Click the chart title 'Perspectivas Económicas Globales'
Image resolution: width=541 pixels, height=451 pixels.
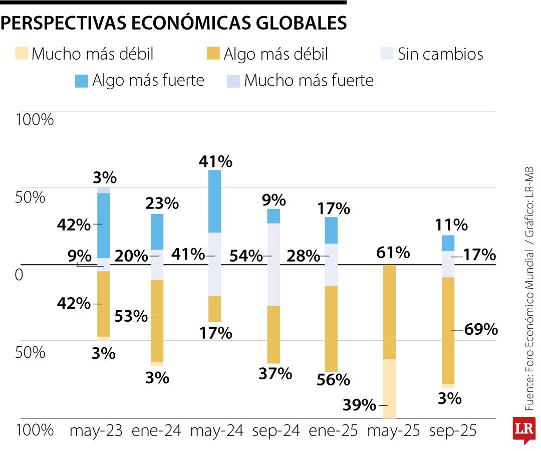click(x=173, y=23)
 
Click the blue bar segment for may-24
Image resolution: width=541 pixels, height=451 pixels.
click(x=214, y=201)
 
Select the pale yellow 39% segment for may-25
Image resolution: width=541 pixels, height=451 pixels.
click(x=389, y=388)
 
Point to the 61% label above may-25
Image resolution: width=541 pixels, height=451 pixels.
click(x=393, y=253)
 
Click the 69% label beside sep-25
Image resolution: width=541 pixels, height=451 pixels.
click(x=481, y=330)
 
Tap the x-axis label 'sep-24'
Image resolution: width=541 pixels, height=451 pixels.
click(x=276, y=430)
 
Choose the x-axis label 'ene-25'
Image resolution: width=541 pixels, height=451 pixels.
click(x=334, y=430)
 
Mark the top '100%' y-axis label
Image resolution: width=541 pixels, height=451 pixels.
click(x=35, y=120)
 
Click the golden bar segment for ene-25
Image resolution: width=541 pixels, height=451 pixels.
click(x=331, y=328)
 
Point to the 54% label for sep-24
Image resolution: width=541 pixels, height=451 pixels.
click(x=245, y=256)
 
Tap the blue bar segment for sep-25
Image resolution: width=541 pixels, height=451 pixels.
click(x=448, y=243)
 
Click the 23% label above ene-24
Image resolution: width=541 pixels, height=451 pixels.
click(x=162, y=203)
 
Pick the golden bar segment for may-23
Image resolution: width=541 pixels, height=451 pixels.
click(x=103, y=304)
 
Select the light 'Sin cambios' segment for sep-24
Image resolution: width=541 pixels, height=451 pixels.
click(x=274, y=264)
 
